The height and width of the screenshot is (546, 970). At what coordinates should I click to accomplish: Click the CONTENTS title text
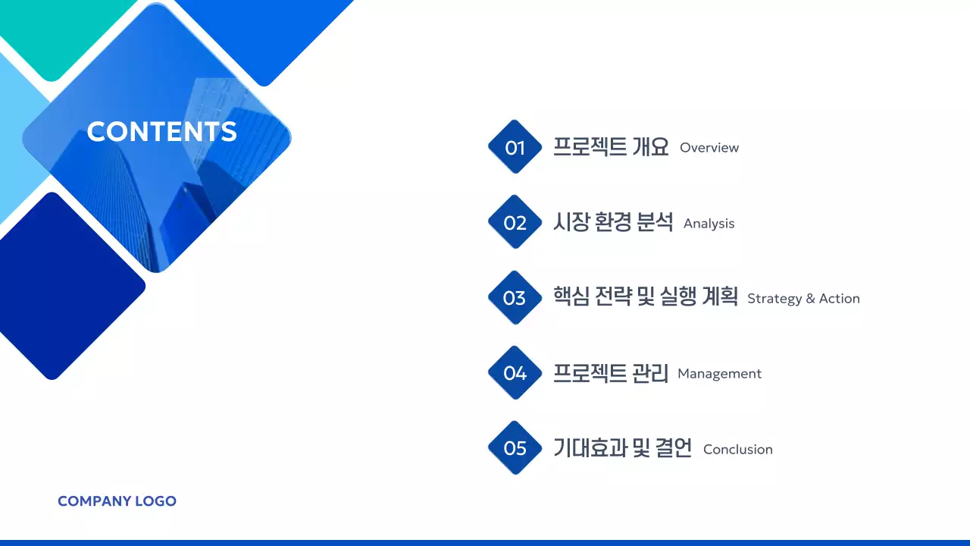coord(161,132)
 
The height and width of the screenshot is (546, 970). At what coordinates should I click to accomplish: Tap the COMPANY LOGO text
coord(117,501)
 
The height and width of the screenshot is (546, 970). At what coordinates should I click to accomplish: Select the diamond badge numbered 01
coord(515,147)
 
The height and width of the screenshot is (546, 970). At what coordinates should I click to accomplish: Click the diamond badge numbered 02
coord(515,222)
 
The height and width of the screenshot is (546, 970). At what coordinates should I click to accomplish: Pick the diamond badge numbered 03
coord(515,298)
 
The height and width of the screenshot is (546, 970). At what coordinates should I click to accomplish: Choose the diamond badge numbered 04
coord(515,373)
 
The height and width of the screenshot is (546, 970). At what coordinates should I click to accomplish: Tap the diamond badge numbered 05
coord(515,448)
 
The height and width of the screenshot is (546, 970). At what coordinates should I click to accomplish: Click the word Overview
coord(709,148)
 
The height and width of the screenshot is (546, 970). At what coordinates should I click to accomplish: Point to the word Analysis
coord(709,224)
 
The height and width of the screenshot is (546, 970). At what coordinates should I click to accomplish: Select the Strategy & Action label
coord(803,299)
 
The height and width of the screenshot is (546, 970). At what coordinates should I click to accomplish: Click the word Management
coord(719,374)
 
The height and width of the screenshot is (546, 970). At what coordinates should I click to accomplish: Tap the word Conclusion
coord(737,450)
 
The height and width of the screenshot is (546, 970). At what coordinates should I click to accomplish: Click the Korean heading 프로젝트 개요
coord(611,146)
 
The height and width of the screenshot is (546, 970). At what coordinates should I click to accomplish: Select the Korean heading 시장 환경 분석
coord(613,222)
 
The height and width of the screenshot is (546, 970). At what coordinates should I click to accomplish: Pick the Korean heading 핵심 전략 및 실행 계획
coord(645,297)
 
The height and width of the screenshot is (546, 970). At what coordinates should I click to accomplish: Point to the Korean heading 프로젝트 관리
coord(611,373)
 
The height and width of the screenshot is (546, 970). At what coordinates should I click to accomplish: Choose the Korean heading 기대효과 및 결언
coord(622,448)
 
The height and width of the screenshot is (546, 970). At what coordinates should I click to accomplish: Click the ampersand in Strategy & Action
coord(810,299)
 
